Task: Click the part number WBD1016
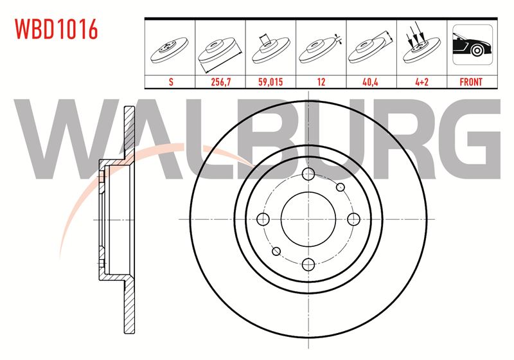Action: (57, 29)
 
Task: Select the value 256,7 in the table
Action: (220, 82)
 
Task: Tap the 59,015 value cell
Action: (270, 82)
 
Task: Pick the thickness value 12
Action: (321, 82)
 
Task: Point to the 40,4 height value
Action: (371, 82)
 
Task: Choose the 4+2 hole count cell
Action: (422, 82)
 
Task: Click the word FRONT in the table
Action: (471, 82)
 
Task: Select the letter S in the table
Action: (171, 82)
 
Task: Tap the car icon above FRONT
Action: (472, 44)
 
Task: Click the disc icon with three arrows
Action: (421, 44)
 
